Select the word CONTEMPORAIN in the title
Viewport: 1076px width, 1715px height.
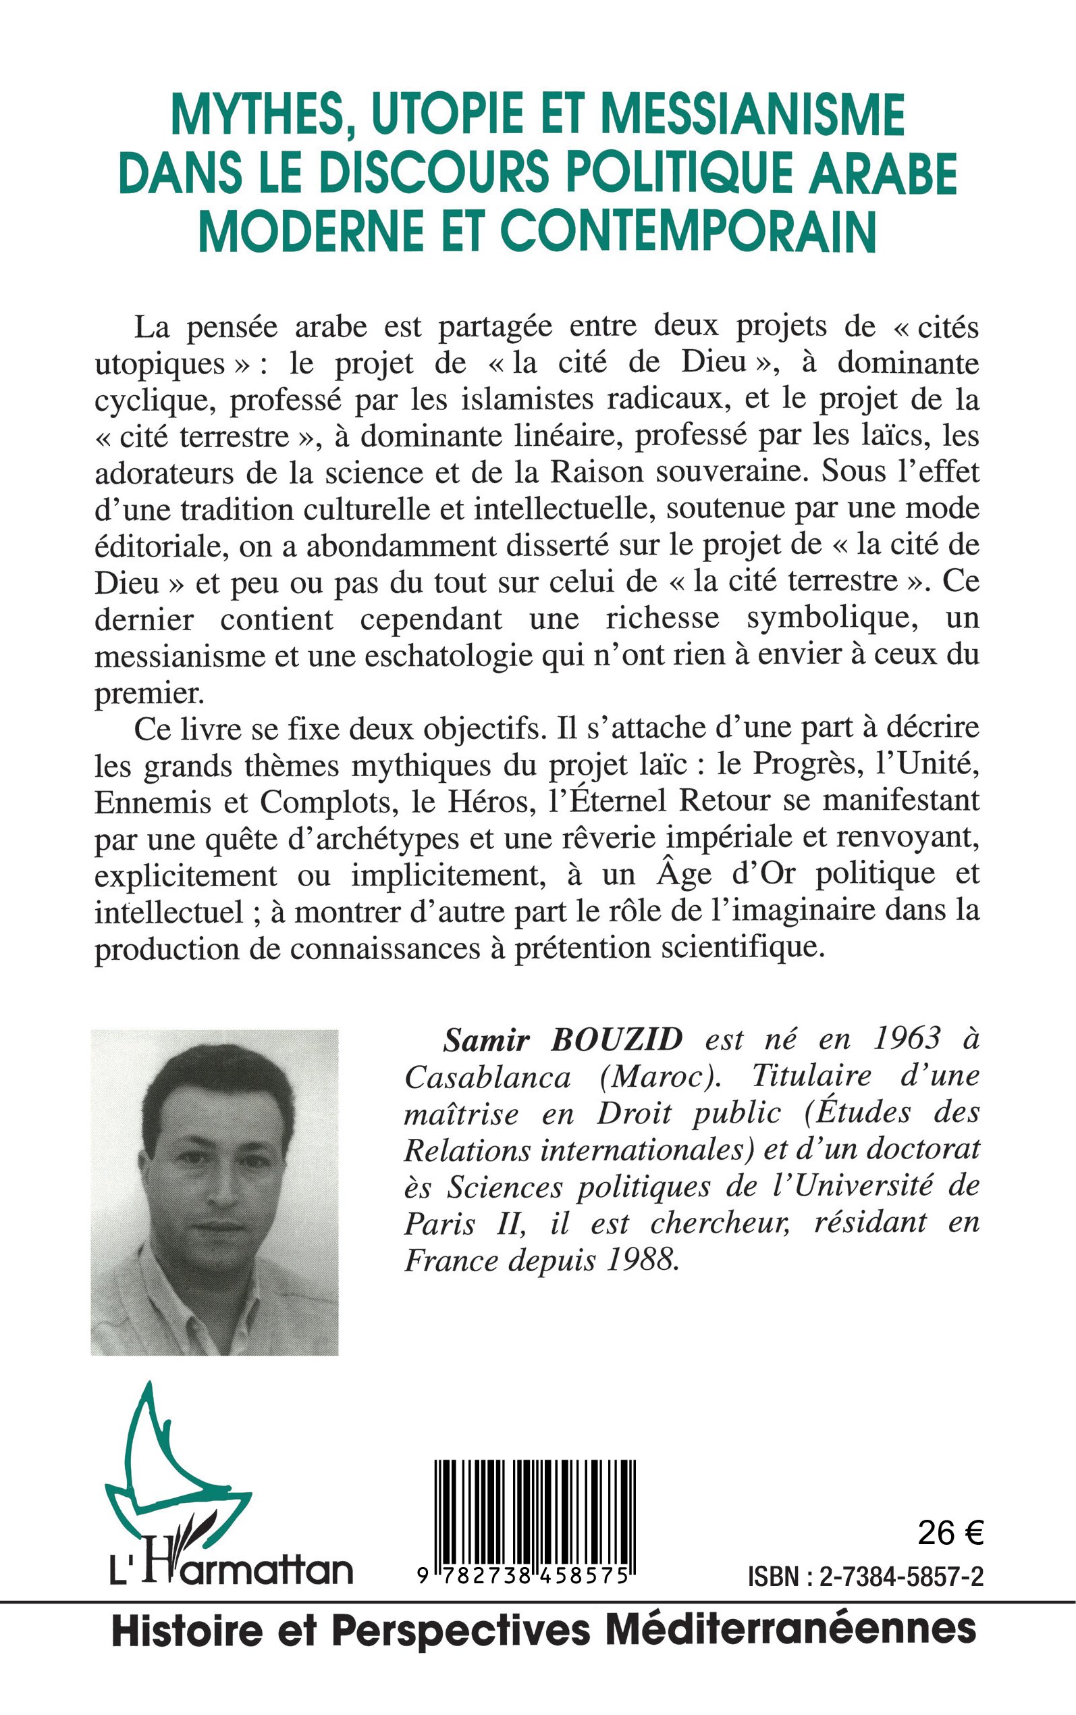pos(688,232)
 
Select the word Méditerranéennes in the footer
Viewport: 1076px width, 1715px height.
pos(790,1630)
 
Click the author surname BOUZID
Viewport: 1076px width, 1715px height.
pos(616,1041)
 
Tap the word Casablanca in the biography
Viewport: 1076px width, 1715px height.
pos(487,1078)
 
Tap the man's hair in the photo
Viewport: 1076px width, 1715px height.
pos(213,1093)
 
